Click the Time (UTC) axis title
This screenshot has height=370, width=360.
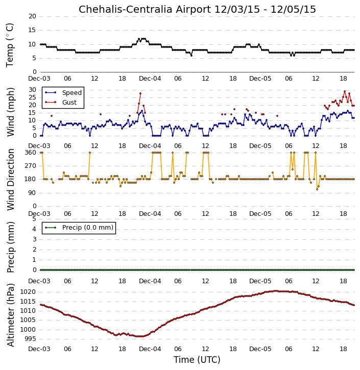(x=197, y=360)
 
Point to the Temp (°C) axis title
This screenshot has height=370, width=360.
(x=10, y=45)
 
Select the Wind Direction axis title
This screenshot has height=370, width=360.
(x=10, y=180)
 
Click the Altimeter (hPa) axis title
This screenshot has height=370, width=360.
(x=10, y=315)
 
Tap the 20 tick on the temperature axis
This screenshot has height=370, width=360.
(x=32, y=16)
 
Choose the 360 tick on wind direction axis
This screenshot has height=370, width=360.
(x=31, y=153)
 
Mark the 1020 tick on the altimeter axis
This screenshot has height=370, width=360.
(x=28, y=292)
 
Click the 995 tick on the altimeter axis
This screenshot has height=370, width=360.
(x=30, y=339)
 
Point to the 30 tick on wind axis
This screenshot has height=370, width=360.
(x=32, y=90)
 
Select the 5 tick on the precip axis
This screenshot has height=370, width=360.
(x=34, y=219)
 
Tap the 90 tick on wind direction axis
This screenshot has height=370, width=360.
(x=32, y=193)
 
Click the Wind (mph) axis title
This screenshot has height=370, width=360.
(x=10, y=112)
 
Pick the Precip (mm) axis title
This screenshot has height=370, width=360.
(x=10, y=247)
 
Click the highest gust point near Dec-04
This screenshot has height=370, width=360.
(x=140, y=93)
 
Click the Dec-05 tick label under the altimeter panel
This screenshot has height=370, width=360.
(x=260, y=349)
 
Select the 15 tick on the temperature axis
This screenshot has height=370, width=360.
(x=32, y=30)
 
